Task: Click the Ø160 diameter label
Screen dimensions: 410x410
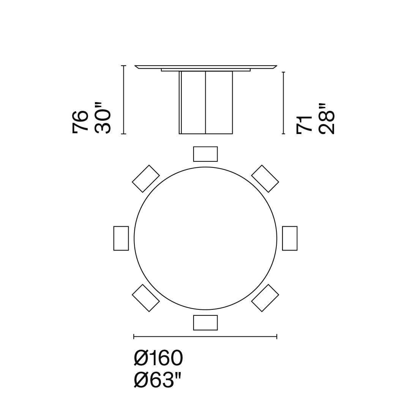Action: coord(159,358)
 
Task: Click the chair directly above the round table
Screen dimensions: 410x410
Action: coord(205,154)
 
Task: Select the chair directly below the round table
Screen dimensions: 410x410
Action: coord(205,323)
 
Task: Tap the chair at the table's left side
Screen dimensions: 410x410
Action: coord(121,238)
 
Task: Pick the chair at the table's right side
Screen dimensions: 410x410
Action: coord(290,238)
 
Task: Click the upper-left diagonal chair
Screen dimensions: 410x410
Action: coord(146,178)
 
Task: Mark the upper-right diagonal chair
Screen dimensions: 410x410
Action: coord(265,178)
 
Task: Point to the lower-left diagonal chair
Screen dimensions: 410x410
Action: coord(146,298)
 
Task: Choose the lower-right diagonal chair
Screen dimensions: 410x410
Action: coord(265,298)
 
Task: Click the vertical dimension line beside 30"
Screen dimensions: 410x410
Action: coord(123,99)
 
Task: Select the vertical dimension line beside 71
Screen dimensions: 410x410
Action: coord(283,102)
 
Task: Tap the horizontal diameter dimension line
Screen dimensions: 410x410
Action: coord(205,336)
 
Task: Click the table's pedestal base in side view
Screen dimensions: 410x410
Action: coord(206,102)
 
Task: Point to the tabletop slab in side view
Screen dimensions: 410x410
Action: coord(205,67)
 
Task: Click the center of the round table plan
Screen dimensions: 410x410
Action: coord(205,238)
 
